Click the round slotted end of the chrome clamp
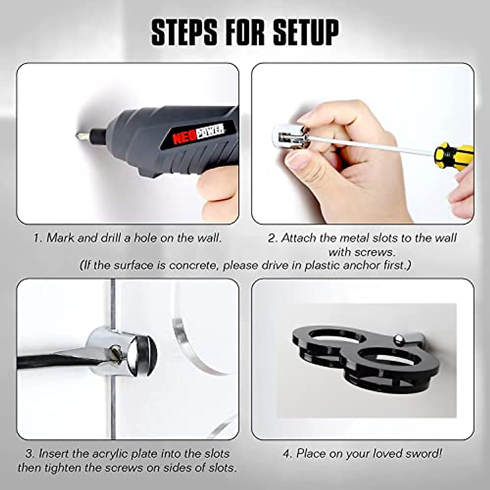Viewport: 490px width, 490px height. pos(141,354)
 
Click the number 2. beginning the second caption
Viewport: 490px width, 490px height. pos(273,238)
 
